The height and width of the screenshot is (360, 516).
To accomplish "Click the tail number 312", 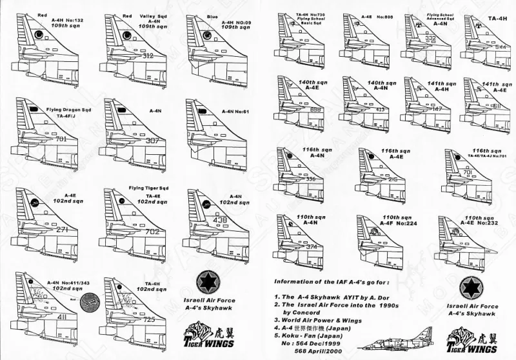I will click(x=148, y=57).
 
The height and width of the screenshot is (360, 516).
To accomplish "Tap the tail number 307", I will click(x=153, y=141).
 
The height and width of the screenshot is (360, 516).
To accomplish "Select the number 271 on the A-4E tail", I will click(x=63, y=230).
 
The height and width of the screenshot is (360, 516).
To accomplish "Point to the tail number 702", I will click(x=153, y=231).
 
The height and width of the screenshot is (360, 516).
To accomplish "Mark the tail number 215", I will click(x=393, y=180).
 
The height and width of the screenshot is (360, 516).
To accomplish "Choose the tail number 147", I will click(x=437, y=110).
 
